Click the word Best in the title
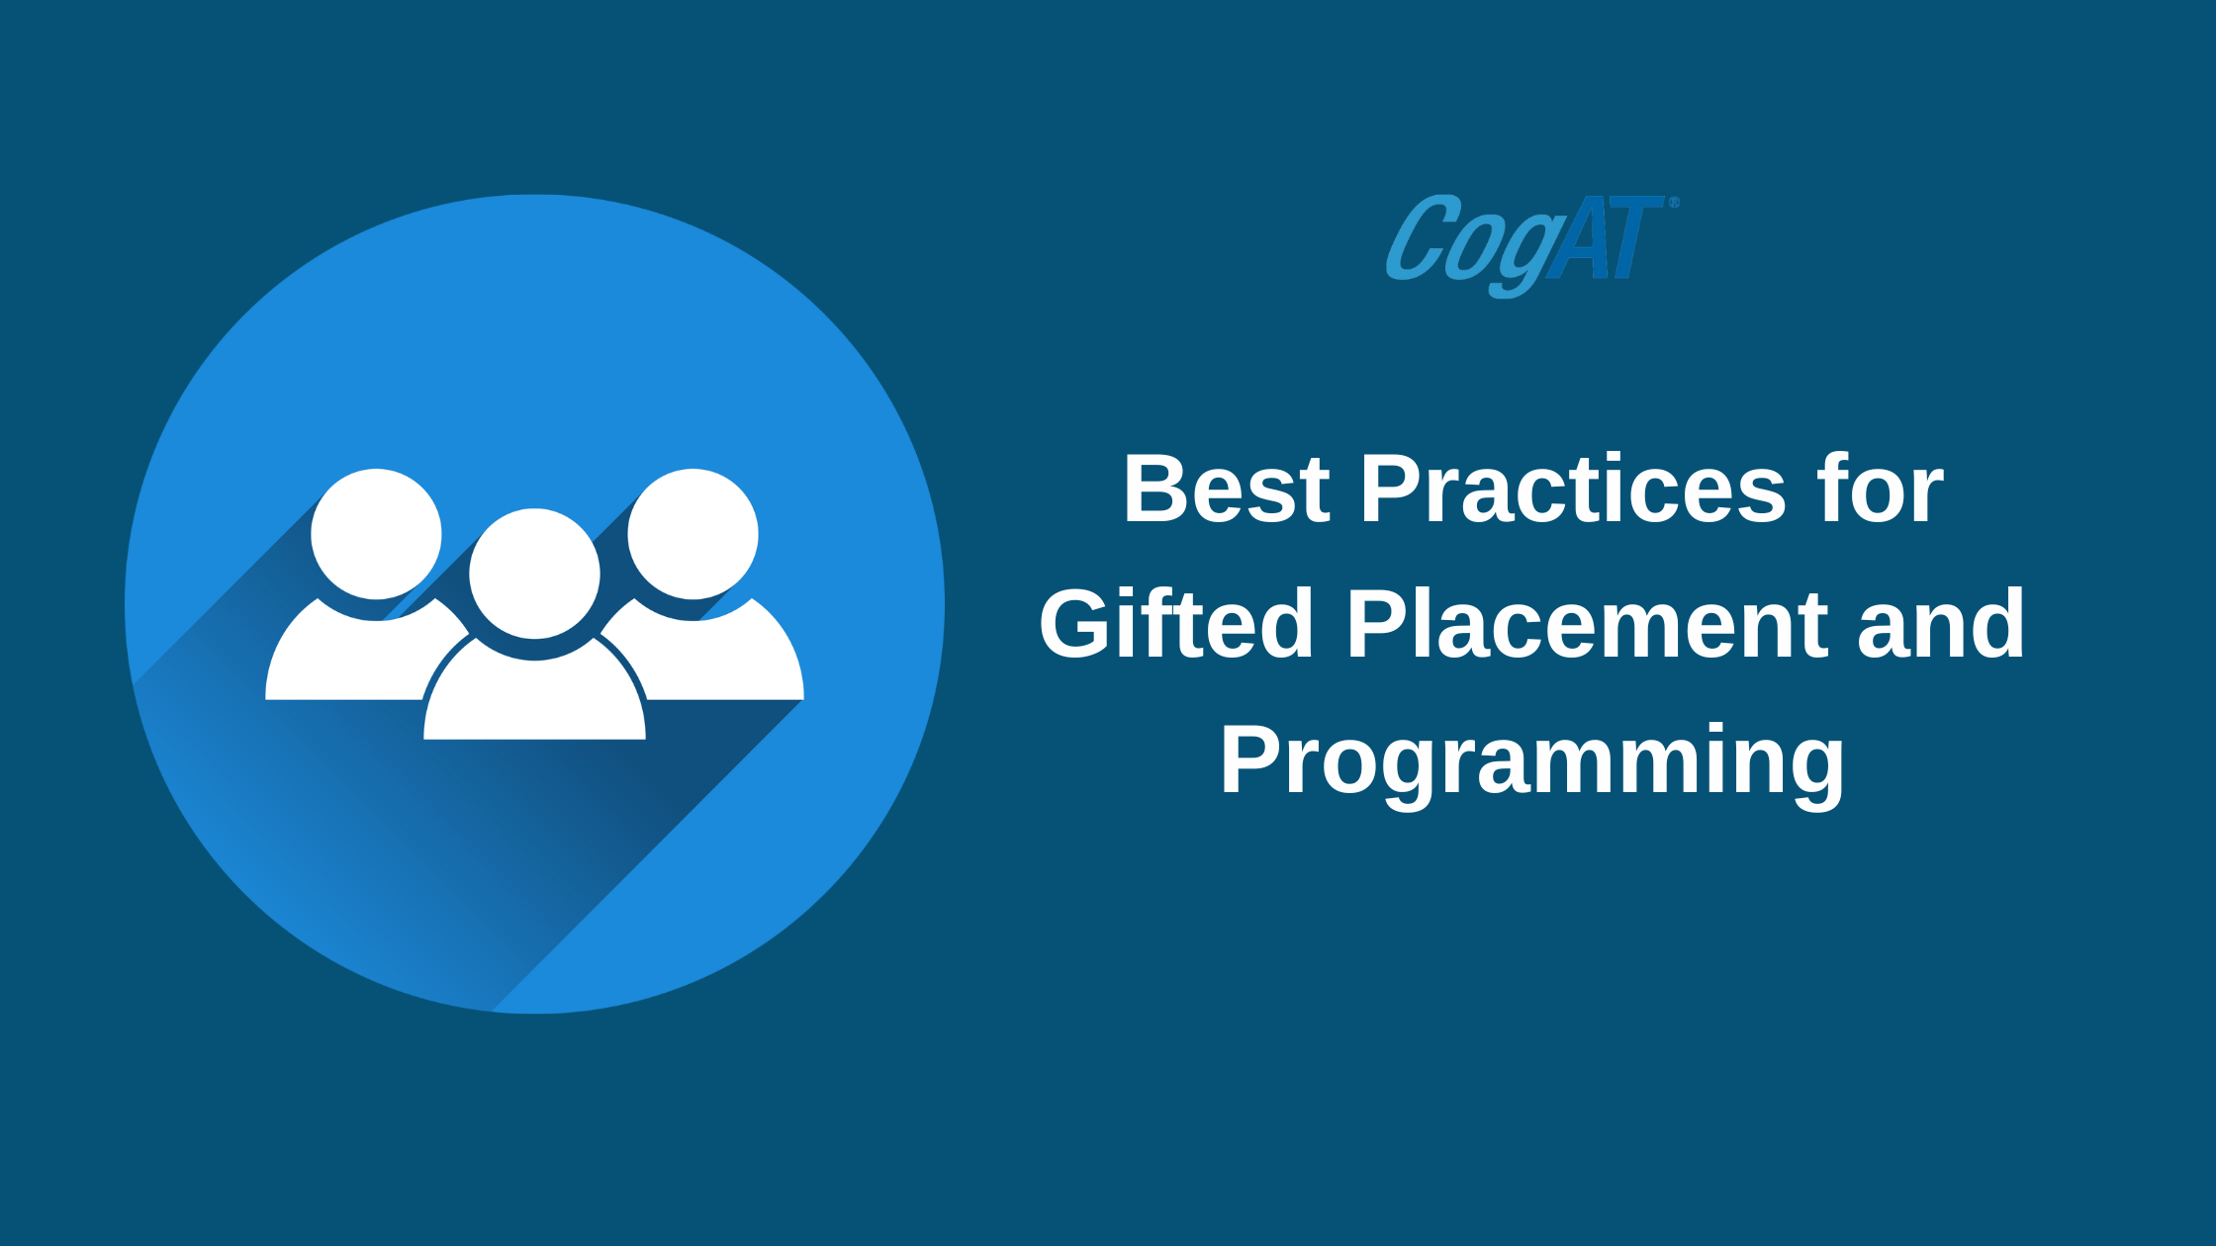coord(1227,489)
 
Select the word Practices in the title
coord(1573,489)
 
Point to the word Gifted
coord(1176,624)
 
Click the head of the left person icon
coord(376,534)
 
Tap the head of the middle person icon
coord(534,574)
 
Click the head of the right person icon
coord(692,534)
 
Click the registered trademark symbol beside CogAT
coord(1674,203)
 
